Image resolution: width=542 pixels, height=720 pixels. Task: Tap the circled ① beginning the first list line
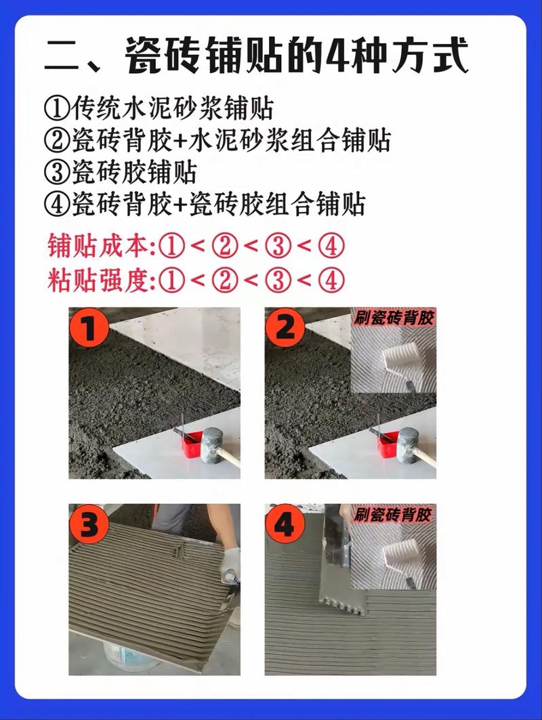pos(57,109)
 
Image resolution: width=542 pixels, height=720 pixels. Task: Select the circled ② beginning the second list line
pos(57,140)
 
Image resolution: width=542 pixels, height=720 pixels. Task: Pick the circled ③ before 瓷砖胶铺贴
pos(57,172)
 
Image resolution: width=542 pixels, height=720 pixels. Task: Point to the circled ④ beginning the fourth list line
pos(57,204)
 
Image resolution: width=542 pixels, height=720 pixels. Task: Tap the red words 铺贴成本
pos(99,246)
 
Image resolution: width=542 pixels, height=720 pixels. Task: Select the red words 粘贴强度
pos(99,280)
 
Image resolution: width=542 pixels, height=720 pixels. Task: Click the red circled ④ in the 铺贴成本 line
pos(331,246)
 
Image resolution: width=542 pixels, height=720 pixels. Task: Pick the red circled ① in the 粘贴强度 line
pos(172,280)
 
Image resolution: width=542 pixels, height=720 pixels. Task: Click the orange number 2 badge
pos(285,327)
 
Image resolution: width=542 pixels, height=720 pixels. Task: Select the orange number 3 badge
pos(89,524)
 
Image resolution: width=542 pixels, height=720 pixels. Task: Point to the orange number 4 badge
pos(285,524)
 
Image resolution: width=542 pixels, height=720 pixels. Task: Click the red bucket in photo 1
pos(192,444)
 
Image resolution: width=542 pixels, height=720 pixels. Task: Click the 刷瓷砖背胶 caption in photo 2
pos(394,318)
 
